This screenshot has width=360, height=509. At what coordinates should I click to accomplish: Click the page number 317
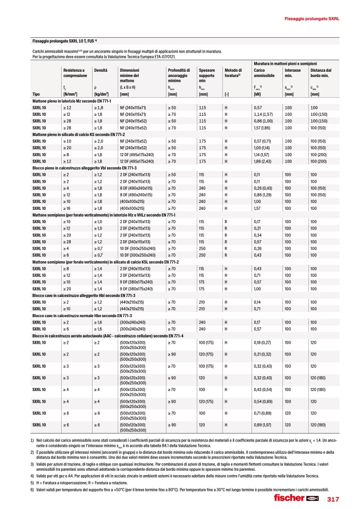click(x=333, y=499)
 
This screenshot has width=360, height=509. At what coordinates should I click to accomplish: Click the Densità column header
click(x=101, y=70)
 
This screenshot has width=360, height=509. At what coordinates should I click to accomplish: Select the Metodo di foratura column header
click(x=232, y=73)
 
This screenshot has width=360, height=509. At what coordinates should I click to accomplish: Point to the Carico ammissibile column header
click(x=264, y=73)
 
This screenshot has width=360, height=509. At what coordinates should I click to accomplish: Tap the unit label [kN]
click(x=257, y=95)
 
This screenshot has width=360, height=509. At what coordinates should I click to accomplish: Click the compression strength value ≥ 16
click(x=67, y=209)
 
